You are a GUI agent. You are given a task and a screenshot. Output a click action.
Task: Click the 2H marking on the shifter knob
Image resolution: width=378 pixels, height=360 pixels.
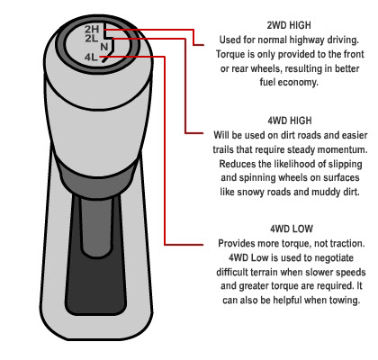[92, 29]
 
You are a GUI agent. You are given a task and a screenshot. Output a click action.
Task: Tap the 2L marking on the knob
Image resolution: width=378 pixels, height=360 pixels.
[91, 38]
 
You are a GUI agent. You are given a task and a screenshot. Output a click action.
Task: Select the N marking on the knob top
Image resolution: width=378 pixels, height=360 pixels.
[104, 47]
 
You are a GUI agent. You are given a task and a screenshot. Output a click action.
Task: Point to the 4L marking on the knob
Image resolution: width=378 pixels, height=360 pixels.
[91, 57]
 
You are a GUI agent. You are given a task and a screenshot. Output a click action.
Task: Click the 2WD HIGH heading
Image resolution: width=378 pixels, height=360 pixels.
[289, 25]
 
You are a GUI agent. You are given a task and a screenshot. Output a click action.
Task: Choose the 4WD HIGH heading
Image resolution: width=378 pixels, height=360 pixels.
[290, 121]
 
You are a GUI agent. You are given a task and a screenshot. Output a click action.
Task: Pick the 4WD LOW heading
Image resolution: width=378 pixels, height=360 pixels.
[292, 229]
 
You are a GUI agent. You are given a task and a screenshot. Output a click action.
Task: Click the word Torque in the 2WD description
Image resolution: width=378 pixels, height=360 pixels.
[230, 55]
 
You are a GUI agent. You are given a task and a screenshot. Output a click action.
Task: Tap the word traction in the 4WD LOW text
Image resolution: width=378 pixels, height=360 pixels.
[346, 243]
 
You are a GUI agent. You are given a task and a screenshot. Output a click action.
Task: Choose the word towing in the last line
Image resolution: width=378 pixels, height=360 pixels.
[345, 301]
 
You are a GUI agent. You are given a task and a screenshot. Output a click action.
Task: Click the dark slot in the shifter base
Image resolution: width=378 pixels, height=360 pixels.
[95, 255]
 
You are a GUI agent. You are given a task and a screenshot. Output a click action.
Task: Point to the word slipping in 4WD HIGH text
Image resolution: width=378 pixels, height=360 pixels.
[345, 165]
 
